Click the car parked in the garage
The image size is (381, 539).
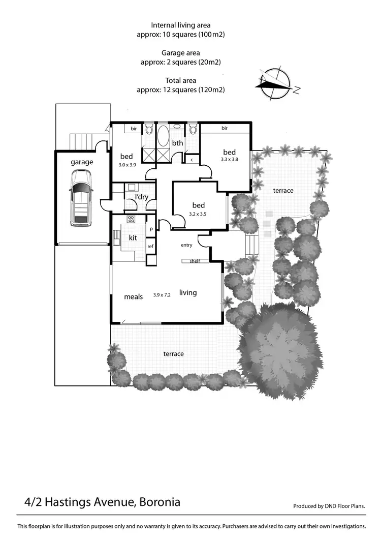click(x=81, y=197)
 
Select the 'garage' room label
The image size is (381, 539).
click(x=82, y=162)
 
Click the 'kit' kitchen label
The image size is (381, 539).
click(x=133, y=237)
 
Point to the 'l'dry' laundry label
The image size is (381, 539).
click(x=141, y=197)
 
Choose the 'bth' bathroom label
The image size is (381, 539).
click(x=177, y=143)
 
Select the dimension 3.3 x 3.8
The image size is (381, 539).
click(x=229, y=159)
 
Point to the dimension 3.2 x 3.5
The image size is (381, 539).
click(x=198, y=214)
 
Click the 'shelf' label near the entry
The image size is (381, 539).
click(x=194, y=261)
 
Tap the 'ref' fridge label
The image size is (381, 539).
click(x=150, y=247)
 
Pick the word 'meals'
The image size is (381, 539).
click(x=133, y=296)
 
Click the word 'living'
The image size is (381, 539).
click(x=188, y=292)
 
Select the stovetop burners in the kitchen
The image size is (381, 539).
click(x=131, y=219)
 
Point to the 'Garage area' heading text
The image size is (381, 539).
click(x=180, y=52)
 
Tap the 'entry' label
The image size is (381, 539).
click(x=186, y=245)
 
